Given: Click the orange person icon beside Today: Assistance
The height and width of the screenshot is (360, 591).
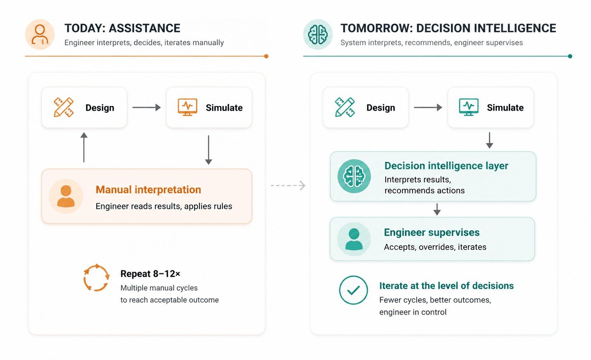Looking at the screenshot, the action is coord(40,35).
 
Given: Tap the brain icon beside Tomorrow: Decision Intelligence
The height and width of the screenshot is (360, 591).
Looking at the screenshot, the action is coord(318,35).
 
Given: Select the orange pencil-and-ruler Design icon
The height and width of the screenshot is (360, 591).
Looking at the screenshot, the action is coord(64,107).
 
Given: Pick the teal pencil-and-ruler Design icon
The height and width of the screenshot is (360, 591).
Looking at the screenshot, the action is coord(345,107).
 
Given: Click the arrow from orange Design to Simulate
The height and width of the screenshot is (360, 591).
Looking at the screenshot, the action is coord(147,107).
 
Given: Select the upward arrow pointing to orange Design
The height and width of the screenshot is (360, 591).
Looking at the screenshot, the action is coord(84,147).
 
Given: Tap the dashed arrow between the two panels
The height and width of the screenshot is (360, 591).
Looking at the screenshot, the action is coord(288,185).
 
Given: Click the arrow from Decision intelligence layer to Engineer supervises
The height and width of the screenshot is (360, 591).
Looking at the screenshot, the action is coord(437,209).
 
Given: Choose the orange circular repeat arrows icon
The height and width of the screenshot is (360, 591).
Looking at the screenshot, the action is coord(96,278).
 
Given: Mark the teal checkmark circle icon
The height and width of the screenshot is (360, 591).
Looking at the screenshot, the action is coord(353,290).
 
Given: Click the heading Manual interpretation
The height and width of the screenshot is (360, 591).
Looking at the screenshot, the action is coord(148,190).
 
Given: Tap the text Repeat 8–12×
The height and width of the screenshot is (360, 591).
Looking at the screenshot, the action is coord(150,274).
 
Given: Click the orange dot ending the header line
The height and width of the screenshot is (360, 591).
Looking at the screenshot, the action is coord(266,56).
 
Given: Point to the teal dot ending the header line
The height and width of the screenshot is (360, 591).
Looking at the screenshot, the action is coord(570,56).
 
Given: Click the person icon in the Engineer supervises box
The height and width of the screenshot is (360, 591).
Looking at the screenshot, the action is coord(354,239).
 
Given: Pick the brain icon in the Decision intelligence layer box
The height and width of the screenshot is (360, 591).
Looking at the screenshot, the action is coord(354,176).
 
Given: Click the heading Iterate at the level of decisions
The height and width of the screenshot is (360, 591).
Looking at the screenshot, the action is coord(446,286).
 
